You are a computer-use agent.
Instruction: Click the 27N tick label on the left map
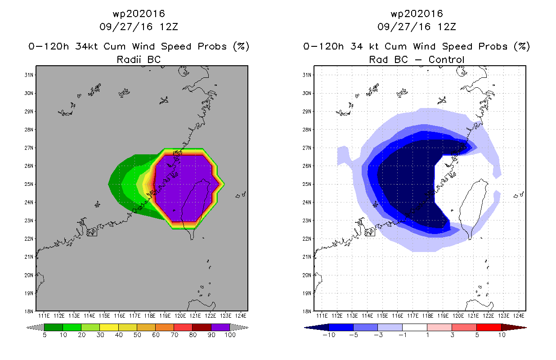tap(28, 148)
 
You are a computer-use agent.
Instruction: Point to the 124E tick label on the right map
tap(519, 316)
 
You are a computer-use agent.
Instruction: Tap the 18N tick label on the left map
tap(28, 311)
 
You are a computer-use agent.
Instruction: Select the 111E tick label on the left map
tap(44, 316)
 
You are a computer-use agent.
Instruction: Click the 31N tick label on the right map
tap(306, 75)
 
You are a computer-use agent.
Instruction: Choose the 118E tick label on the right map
tap(428, 316)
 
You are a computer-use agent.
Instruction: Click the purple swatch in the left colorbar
tap(220, 327)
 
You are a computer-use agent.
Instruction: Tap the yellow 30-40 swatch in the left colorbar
tap(109, 327)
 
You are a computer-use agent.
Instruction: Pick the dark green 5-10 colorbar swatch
tap(54, 327)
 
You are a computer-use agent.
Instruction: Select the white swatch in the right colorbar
tap(414, 327)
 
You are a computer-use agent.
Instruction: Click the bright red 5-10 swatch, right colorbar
tap(489, 327)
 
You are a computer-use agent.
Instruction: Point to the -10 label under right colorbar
tap(329, 335)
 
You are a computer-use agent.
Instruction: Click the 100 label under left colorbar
tap(230, 335)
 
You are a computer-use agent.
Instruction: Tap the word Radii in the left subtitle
tap(129, 59)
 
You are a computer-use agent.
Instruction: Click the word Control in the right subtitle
tap(446, 59)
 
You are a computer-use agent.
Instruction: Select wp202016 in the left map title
tap(139, 14)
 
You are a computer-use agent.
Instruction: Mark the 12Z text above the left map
tap(169, 27)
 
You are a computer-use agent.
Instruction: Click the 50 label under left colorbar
tap(137, 335)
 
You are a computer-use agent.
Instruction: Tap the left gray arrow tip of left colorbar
tap(26, 328)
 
